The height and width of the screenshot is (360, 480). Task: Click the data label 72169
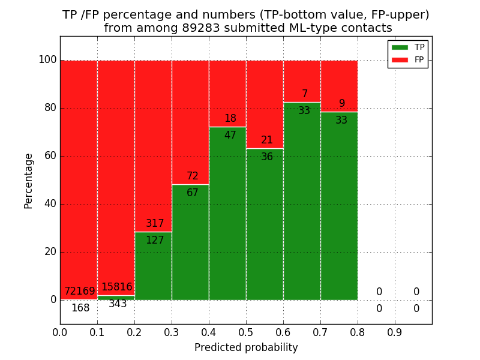point(80,292)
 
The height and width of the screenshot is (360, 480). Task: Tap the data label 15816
point(116,287)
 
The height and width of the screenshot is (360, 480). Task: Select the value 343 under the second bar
point(118,304)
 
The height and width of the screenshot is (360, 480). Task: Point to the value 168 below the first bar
point(80,308)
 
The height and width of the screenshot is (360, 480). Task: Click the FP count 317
point(155,224)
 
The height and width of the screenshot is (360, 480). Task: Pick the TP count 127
point(155,241)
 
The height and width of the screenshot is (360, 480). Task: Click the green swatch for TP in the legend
point(400,47)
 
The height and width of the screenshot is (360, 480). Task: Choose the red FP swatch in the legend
point(400,59)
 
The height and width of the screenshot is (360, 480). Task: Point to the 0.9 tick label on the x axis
point(395,332)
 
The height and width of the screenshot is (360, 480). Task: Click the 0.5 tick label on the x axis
point(246,332)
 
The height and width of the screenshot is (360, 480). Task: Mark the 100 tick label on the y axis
point(47,60)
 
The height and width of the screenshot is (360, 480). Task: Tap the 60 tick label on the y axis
point(50,156)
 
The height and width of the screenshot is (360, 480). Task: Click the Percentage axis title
point(29,181)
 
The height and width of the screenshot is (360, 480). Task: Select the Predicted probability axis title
point(246,347)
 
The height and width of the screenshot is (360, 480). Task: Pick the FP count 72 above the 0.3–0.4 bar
point(192,176)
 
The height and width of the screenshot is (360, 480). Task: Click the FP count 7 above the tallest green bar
point(304,94)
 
